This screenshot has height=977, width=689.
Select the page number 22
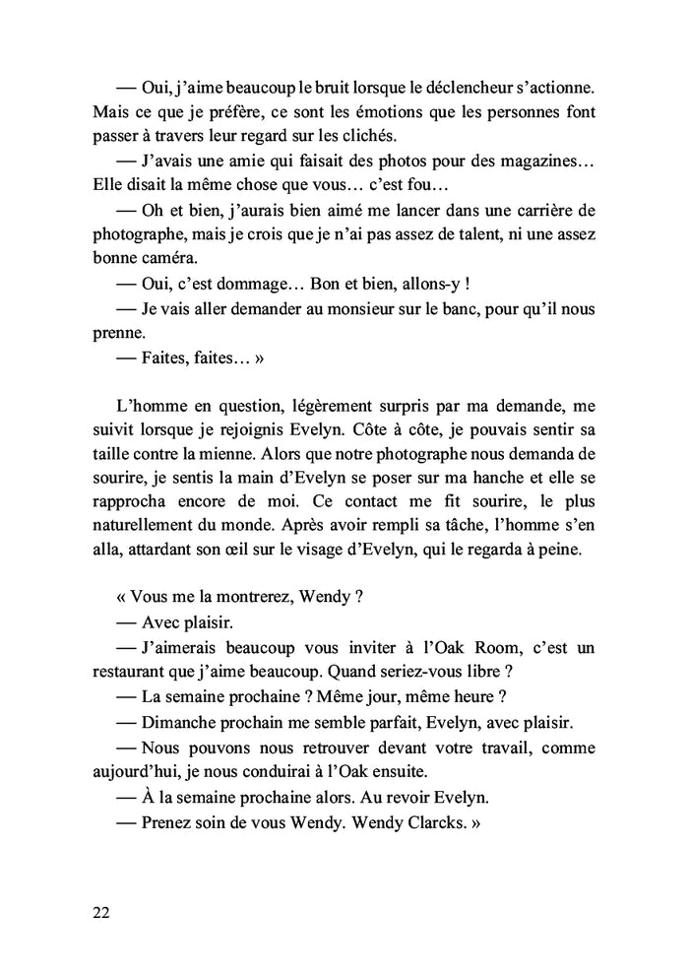(x=100, y=912)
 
